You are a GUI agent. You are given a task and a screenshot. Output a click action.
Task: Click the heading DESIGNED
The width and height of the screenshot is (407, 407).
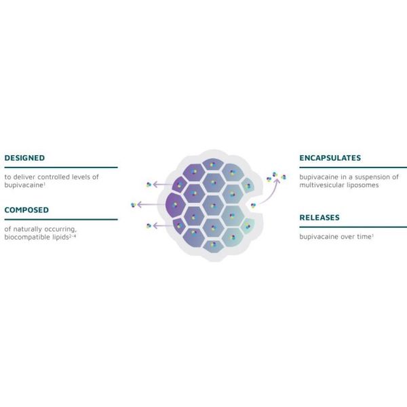click(x=24, y=158)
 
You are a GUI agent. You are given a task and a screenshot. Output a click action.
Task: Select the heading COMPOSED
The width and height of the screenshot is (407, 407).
click(x=26, y=210)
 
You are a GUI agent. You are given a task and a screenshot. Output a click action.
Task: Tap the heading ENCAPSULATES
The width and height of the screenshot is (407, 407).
click(x=330, y=158)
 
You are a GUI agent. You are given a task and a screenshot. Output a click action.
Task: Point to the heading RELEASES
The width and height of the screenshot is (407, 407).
click(x=319, y=218)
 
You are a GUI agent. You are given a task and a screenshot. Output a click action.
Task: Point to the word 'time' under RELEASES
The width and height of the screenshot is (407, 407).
click(x=364, y=237)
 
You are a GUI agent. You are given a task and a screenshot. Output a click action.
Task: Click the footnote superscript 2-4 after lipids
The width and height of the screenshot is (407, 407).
click(x=73, y=235)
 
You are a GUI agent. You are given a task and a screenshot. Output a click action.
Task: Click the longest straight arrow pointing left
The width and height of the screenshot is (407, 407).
click(x=151, y=205)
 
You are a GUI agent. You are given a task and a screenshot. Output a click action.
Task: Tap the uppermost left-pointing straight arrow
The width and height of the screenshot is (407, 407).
click(x=163, y=185)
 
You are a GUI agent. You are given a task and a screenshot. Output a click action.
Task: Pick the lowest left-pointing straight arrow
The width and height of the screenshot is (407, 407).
click(x=163, y=226)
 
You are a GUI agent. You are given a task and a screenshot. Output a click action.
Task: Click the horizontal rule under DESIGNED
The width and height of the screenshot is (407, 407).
click(x=61, y=168)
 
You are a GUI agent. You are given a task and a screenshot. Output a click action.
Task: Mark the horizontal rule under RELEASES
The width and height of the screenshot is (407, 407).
click(x=353, y=227)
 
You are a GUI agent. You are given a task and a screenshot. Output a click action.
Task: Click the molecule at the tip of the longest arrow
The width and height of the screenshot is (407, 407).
click(x=134, y=205)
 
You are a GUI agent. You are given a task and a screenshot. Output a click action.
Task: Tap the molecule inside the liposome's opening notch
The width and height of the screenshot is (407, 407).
click(x=253, y=206)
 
